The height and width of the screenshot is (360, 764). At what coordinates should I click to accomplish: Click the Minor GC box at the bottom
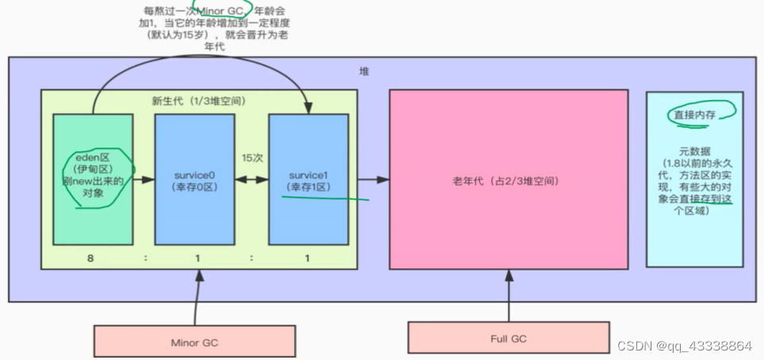pos(195,343)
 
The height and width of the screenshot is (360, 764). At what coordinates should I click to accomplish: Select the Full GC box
pos(509,339)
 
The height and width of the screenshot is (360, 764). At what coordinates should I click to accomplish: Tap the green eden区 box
pos(92,180)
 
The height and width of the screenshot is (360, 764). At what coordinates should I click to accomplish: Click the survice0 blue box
pos(194,180)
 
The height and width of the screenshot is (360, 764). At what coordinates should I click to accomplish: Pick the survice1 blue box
pos(308,180)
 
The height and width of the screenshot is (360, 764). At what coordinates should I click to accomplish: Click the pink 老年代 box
pos(508,180)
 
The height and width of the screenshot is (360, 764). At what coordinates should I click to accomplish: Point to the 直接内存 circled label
pos(694,115)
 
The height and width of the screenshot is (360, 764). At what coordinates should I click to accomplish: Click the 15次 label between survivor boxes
pos(250,158)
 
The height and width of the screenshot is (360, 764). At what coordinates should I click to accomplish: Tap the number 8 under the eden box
pos(93,258)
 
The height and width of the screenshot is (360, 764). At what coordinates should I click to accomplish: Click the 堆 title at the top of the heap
pos(364,71)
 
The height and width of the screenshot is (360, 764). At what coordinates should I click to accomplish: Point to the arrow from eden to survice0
pos(143,181)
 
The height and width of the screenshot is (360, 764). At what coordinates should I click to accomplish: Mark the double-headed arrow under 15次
pos(250,181)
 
